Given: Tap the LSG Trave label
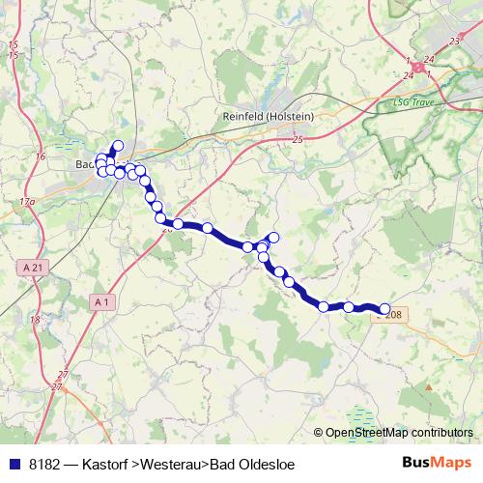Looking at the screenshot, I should tap(415, 100).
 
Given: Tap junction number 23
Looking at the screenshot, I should tap(454, 42).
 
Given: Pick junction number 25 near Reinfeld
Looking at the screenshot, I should tap(297, 140).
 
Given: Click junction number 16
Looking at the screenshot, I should tap(40, 156).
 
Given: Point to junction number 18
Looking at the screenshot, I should tap(35, 319).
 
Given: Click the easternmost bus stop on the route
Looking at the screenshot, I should tap(385, 309).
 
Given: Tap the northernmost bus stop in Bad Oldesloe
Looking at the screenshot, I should tap(119, 146).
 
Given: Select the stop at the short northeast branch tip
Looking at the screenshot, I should tap(274, 238).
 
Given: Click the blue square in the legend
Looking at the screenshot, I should tap(14, 465).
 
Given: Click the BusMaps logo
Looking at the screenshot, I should tap(437, 463).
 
